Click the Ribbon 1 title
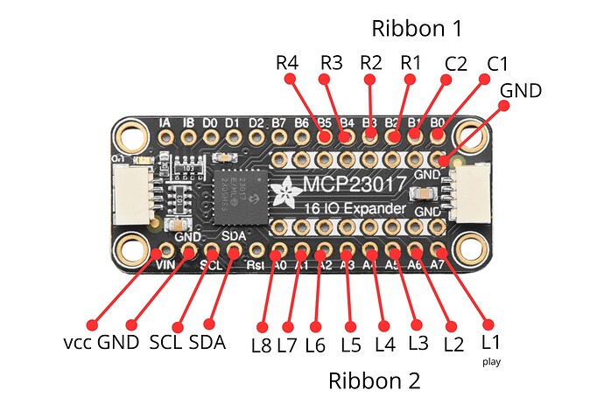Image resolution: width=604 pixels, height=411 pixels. pos(417,27)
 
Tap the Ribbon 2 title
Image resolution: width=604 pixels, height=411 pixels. pos(374,381)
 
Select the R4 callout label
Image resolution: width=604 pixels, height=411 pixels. pos(286,64)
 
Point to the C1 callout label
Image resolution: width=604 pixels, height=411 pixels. pos(497,64)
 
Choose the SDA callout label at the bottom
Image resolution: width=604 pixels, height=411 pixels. pos(207,342)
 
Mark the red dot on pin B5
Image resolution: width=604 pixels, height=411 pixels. pos(324,137)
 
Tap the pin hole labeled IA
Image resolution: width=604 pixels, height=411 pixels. pos(165,136)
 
